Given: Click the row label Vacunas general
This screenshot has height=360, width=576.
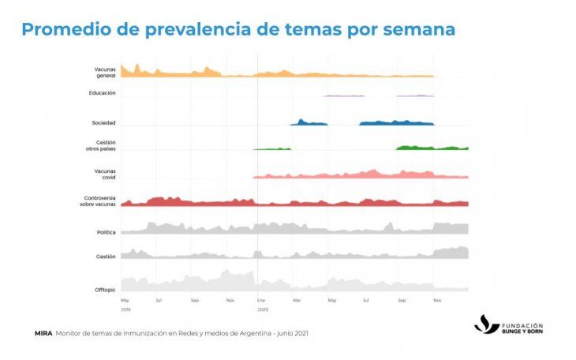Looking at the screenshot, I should (x=105, y=72).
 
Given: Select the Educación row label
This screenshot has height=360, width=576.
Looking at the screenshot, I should (x=103, y=93).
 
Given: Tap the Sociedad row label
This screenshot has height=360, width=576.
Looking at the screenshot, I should (x=104, y=122).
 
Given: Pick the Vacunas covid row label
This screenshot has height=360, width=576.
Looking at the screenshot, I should (x=105, y=174).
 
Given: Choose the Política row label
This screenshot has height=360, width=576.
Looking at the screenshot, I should (x=106, y=232).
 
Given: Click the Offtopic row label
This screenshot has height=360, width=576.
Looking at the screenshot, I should (x=105, y=290).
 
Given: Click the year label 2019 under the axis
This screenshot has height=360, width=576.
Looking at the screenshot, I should (x=125, y=309).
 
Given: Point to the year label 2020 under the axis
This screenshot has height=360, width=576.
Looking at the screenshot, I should (x=263, y=309).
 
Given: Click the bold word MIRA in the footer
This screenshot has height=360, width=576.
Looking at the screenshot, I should (x=43, y=333).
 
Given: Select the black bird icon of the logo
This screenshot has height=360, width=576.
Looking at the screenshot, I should (x=486, y=324).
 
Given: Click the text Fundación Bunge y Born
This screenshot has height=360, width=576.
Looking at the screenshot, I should (x=522, y=328).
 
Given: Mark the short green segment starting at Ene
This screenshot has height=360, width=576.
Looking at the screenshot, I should (x=271, y=148).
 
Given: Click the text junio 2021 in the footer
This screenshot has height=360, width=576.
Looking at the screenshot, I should (x=288, y=333).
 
